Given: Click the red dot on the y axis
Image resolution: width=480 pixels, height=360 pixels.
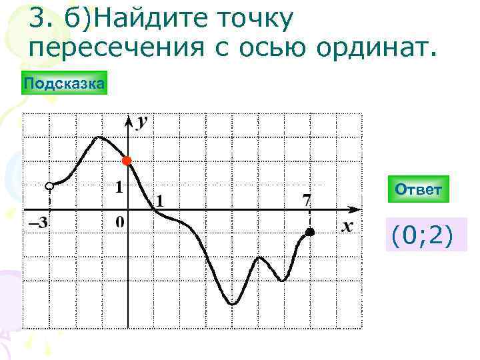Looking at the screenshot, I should pos(127,161).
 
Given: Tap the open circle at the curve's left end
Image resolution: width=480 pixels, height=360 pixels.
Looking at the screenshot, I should pos(49,185).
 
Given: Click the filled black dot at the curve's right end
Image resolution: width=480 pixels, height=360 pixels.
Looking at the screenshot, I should pos(310,232).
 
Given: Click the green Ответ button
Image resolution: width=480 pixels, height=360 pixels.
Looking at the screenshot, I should pos(418,190).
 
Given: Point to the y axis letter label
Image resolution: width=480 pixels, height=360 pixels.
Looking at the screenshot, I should pos(142,123).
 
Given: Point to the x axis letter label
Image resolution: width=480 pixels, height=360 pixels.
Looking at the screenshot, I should pos(347,227).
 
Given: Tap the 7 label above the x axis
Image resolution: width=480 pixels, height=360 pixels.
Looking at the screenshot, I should pos(306,199).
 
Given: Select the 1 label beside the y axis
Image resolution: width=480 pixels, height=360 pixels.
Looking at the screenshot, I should pos(119,187).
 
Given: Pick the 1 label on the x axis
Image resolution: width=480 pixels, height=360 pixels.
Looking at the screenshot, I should pos(161,200).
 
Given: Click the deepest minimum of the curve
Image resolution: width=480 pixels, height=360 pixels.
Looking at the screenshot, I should pos(232,304).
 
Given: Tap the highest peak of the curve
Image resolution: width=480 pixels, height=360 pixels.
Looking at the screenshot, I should pos(99,137).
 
